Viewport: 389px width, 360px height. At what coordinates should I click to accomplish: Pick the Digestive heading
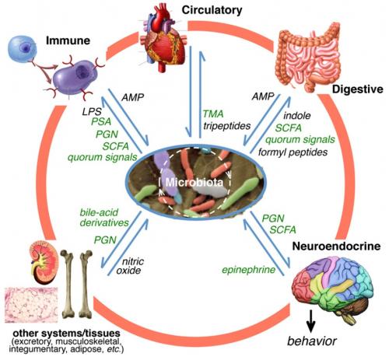[x=356, y=89]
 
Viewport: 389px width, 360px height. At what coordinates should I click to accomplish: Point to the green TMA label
[x=212, y=113]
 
